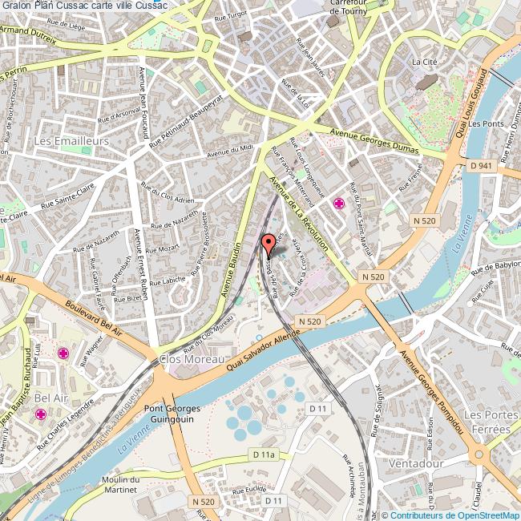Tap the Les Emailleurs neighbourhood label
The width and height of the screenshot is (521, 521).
(71, 140)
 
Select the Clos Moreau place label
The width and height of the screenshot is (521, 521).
(190, 359)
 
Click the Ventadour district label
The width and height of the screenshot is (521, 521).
(414, 463)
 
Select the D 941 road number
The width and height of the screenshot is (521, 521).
(481, 165)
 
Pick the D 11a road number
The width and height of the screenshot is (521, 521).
(263, 454)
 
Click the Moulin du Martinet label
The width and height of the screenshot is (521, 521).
(121, 483)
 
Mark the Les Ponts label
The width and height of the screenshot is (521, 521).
(486, 124)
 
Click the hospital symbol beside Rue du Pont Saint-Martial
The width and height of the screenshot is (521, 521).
(339, 204)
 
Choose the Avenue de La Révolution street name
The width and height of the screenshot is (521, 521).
(298, 214)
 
